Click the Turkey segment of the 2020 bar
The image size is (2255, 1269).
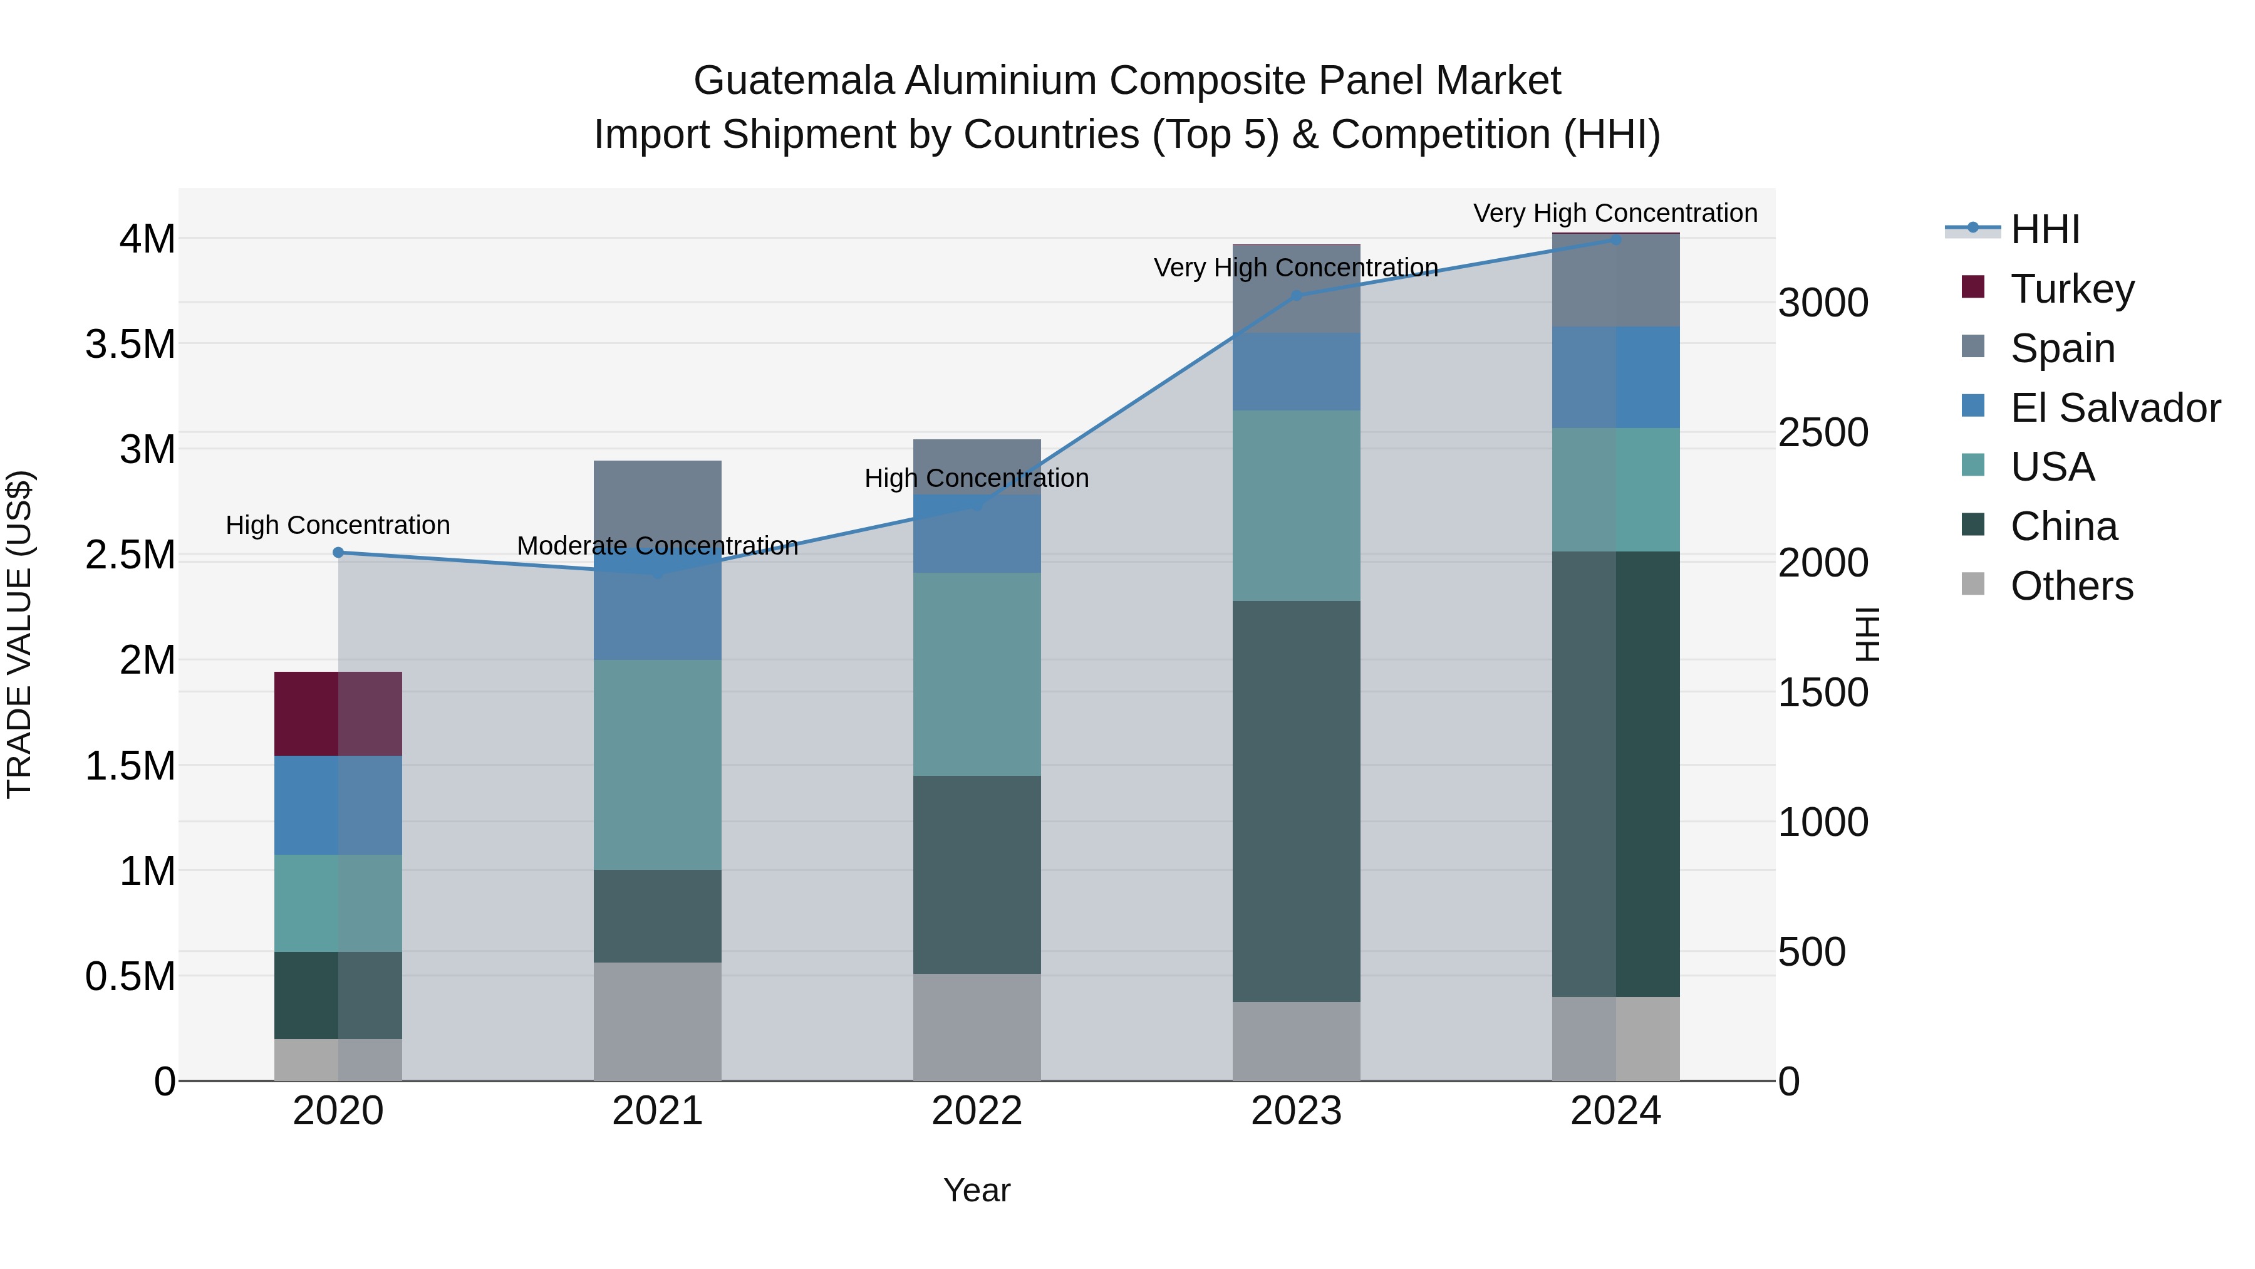[338, 713]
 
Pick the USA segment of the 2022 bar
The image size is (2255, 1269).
[977, 674]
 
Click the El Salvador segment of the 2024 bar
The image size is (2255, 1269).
[1616, 377]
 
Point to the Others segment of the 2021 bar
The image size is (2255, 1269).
[658, 1021]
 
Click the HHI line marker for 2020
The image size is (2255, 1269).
[338, 553]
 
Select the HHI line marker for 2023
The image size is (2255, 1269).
[1297, 296]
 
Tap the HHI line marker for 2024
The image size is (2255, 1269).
[1616, 239]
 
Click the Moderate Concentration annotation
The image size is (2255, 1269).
[658, 546]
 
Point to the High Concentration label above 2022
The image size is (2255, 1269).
[977, 478]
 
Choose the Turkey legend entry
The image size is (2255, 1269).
[2072, 289]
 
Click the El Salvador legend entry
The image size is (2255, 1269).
[2114, 408]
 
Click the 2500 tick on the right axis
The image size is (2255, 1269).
[1823, 432]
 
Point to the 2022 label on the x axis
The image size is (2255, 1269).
[977, 1111]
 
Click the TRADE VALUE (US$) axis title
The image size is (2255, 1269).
[19, 634]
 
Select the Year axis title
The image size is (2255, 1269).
[977, 1190]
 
